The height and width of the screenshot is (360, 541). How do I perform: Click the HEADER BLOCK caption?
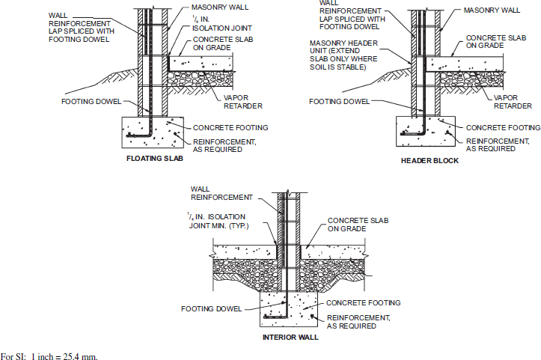pyautogui.click(x=424, y=161)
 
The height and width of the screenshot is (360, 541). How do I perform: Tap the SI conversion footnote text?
pyautogui.click(x=49, y=355)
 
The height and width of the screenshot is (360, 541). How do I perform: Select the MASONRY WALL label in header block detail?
pyautogui.click(x=492, y=10)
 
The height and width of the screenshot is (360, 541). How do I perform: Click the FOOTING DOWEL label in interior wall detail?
pyautogui.click(x=212, y=308)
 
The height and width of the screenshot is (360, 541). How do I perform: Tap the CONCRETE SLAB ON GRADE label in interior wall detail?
pyautogui.click(x=352, y=225)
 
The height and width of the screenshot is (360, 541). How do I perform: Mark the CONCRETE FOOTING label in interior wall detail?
pyautogui.click(x=362, y=302)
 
